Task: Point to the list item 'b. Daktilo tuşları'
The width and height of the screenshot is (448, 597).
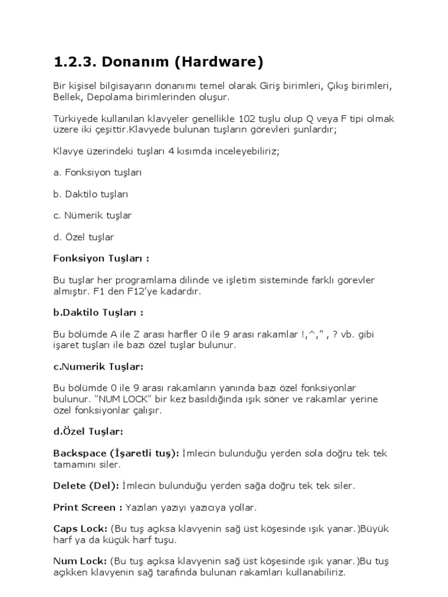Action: point(90,194)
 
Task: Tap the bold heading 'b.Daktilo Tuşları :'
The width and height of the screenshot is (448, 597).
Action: point(98,312)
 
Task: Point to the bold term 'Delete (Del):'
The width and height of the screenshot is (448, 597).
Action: point(86,485)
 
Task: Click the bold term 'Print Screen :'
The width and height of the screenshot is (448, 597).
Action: point(87,507)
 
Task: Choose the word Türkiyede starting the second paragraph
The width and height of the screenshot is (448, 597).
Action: point(73,118)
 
